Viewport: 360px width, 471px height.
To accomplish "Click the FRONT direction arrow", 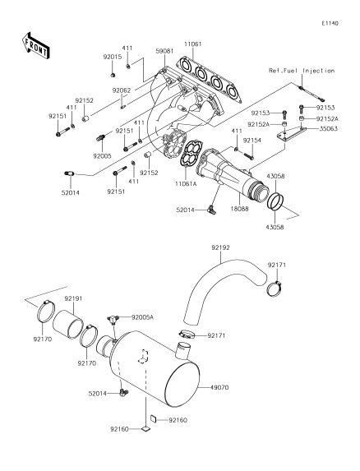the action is coord(35,45).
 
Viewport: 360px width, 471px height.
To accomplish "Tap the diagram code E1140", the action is coord(330,23).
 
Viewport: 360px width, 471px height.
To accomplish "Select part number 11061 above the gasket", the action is coord(193,44).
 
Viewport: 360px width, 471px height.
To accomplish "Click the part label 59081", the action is coord(164,51).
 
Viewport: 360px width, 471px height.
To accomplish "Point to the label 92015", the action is coord(113,57).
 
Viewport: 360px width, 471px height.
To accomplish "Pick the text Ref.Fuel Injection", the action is coord(302,71).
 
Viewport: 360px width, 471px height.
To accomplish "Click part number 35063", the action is coord(328,128).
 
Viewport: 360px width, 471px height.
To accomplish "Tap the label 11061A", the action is coord(186,183).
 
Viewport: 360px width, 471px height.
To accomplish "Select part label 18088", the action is coord(239,208).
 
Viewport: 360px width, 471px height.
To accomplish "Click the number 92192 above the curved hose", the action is coord(220,247).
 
